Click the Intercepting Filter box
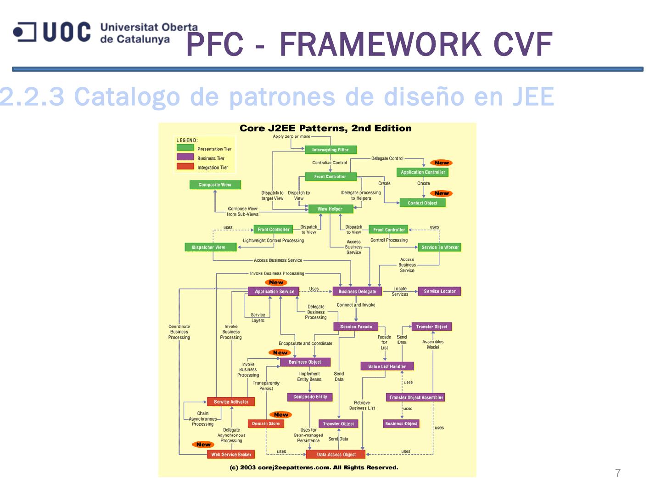point(330,150)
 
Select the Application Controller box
point(423,172)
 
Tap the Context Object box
point(422,203)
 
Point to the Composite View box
point(215,185)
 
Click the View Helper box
point(330,209)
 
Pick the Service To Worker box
point(440,247)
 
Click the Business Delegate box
point(357,292)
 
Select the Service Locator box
point(440,291)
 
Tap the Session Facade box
point(356,327)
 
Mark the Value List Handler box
point(387,366)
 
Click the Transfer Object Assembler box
point(416,398)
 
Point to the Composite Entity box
point(310,397)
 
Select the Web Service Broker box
point(231,455)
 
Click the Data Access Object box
point(336,455)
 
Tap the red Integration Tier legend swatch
point(185,166)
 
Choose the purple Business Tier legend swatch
point(185,157)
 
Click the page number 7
point(618,473)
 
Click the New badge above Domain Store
point(281,415)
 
